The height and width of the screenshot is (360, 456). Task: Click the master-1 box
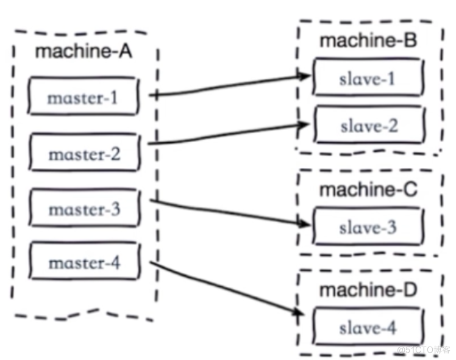tap(84, 97)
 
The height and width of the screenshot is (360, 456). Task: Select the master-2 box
tap(84, 154)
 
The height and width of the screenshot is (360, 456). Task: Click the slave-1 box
tap(368, 78)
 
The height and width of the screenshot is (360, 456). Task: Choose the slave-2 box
tap(368, 126)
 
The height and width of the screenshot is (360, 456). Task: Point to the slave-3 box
tap(368, 227)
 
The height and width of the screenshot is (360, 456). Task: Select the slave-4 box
tap(368, 328)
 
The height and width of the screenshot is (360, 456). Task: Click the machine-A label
tap(84, 50)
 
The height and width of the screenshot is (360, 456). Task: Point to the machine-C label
tap(368, 190)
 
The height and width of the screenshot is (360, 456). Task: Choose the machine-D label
tap(368, 290)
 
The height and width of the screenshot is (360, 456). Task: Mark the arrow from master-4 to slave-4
tap(226, 287)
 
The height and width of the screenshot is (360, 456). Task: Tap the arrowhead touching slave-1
tap(305, 77)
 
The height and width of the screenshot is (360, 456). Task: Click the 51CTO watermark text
tap(424, 349)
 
